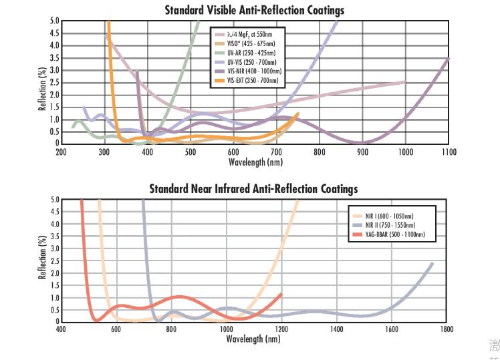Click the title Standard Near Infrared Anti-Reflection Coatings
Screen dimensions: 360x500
click(253, 189)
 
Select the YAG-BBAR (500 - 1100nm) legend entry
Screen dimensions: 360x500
click(394, 235)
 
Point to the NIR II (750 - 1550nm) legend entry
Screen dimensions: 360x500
click(390, 226)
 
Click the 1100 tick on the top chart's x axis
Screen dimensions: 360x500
click(448, 152)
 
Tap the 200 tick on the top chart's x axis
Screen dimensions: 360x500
click(61, 152)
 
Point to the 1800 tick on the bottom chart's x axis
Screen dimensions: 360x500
click(447, 329)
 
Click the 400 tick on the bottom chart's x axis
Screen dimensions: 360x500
click(61, 329)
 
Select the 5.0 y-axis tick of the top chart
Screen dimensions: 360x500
click(54, 21)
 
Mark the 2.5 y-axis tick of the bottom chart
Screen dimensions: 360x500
click(54, 260)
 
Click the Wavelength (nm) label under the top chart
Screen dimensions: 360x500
click(255, 162)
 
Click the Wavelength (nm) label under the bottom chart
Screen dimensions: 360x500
click(253, 339)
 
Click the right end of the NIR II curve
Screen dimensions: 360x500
click(432, 263)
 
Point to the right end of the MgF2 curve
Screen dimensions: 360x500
click(404, 82)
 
